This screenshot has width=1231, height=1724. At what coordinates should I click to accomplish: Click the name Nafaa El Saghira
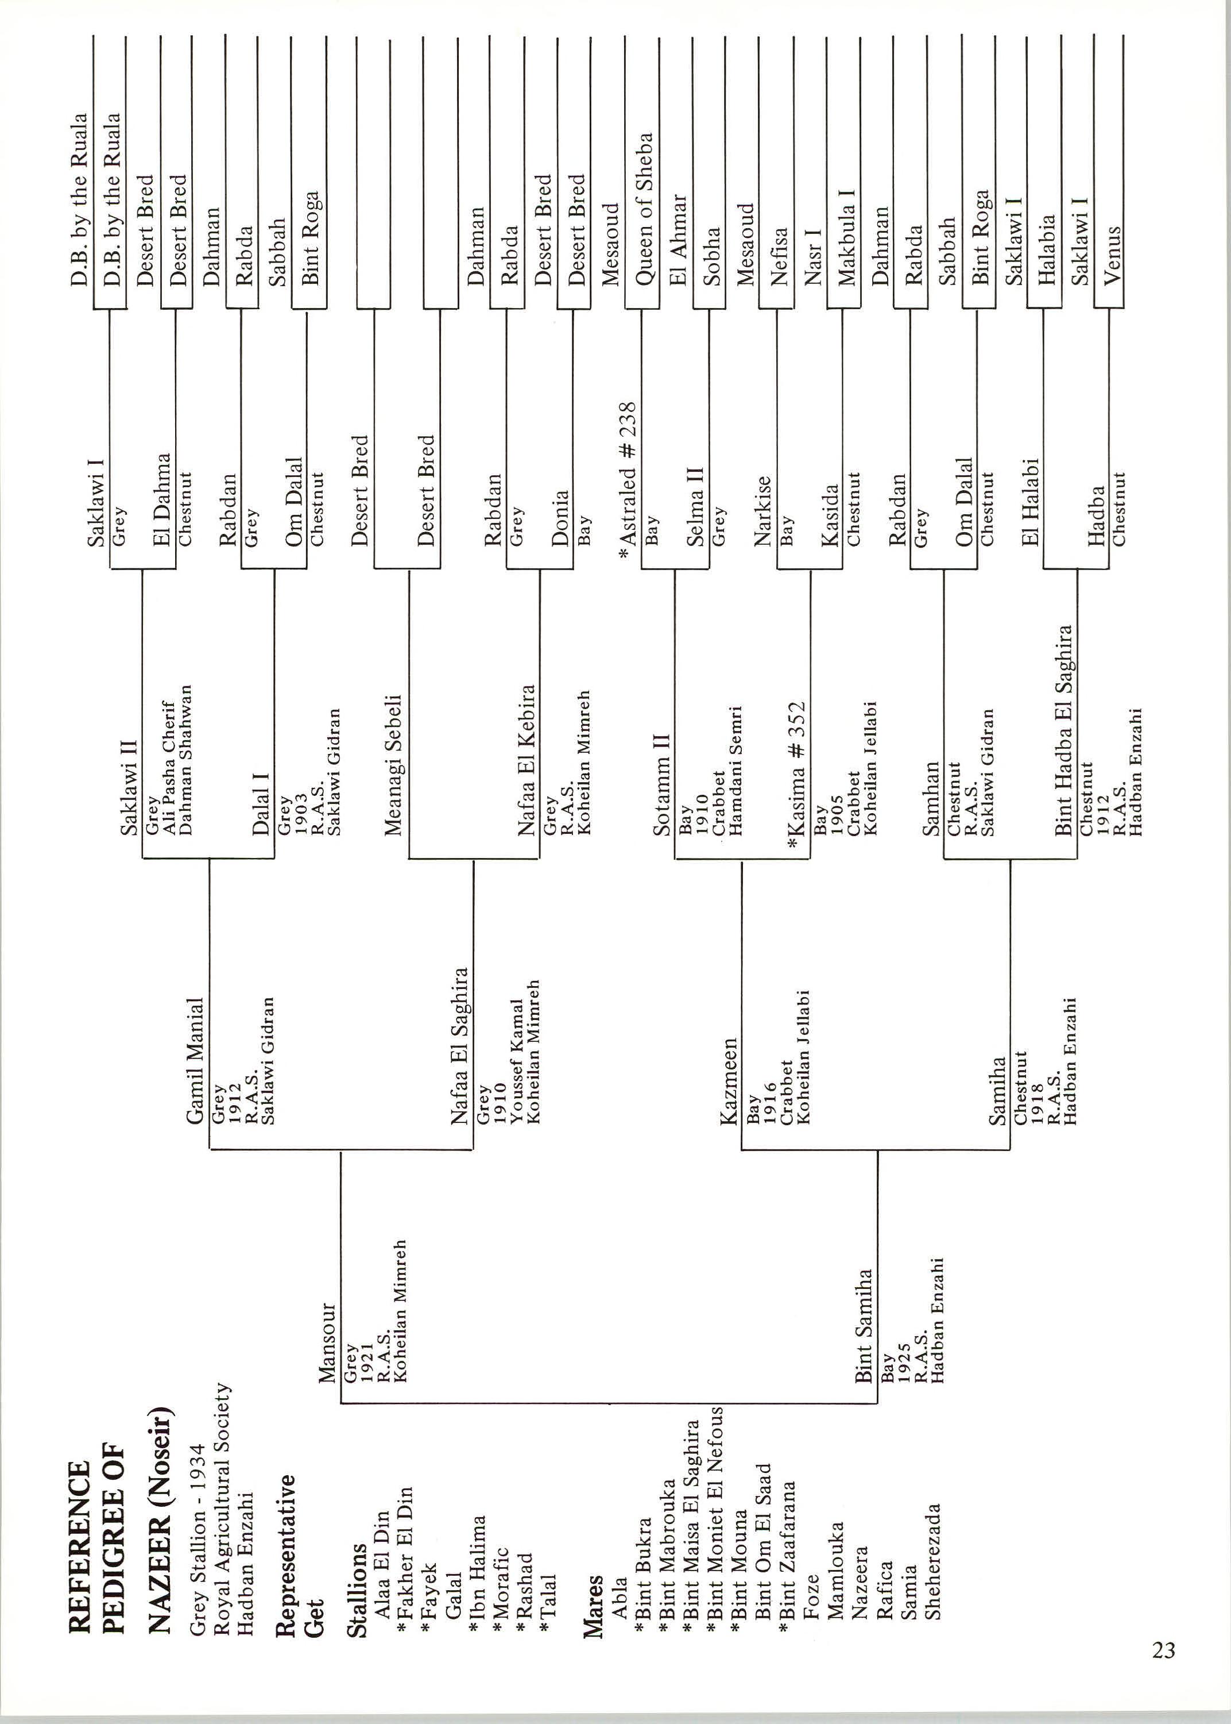point(460,1046)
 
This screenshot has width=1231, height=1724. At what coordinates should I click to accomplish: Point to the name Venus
point(1112,256)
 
